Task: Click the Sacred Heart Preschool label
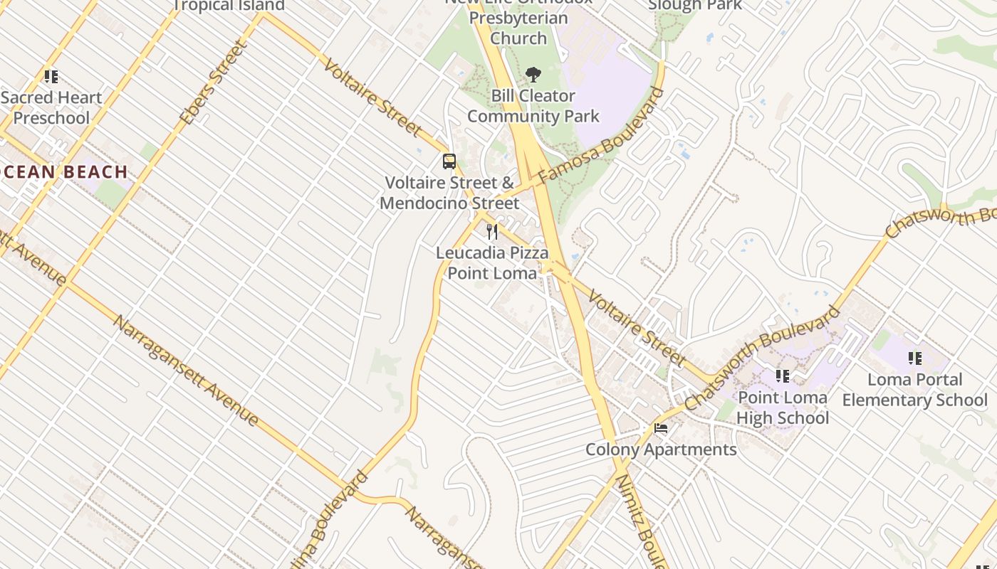pos(51,107)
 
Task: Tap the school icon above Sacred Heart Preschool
pos(51,76)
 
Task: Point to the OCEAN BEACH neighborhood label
pos(64,171)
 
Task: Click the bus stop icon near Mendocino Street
pos(449,161)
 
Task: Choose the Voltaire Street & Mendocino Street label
pos(449,193)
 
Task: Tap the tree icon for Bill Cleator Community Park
pos(532,75)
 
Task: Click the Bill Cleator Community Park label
pos(533,106)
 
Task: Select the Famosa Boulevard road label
pos(600,137)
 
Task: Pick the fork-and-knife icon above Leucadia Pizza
pos(491,231)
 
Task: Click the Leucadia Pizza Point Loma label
pos(492,262)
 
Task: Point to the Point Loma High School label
pos(782,408)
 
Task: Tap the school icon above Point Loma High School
pos(782,376)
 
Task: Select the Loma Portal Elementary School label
pos(914,390)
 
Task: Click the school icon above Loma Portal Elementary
pos(914,358)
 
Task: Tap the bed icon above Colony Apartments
pos(661,428)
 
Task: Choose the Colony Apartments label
pos(661,450)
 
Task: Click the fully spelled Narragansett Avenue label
pos(186,371)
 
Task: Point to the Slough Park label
pos(694,6)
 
